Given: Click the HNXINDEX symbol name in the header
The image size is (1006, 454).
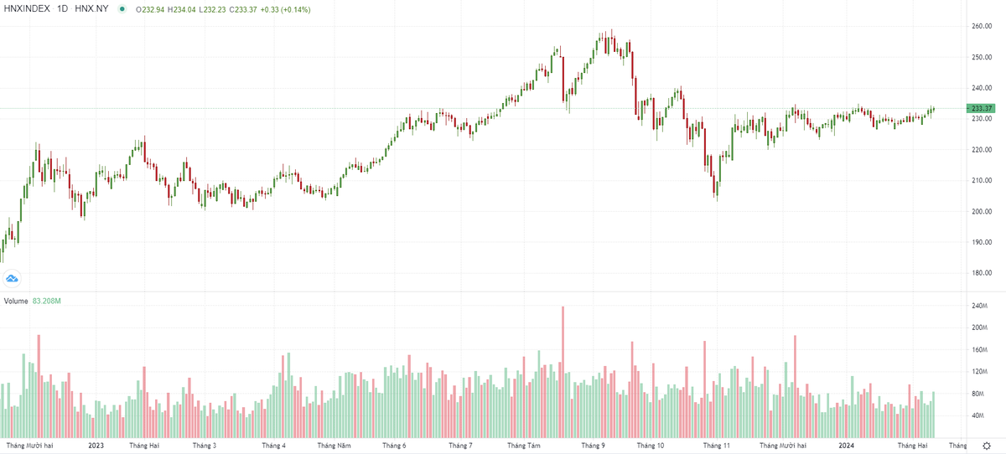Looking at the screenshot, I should point(28,8).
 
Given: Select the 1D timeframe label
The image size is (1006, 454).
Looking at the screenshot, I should point(62,8).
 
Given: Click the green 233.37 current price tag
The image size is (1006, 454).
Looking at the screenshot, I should point(981,109).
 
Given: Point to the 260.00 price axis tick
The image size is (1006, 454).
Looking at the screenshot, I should point(982,27).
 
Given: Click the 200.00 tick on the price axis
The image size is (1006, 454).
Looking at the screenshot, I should point(982,211).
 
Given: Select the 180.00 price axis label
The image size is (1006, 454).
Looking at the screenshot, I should point(982,273).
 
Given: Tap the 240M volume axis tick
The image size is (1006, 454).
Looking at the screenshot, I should point(980,305).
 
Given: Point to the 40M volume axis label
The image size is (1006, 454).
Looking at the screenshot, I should point(978,415).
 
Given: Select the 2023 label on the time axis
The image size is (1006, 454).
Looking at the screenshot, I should point(97,446).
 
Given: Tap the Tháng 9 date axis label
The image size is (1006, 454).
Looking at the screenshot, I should point(593,446).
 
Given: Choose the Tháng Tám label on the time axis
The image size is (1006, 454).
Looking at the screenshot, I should point(524,446).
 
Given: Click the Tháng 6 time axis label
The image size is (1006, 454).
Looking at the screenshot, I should point(394,446).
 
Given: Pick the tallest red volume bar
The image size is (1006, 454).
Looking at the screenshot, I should point(563,369).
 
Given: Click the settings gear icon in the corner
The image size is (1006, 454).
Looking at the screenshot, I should point(987,446).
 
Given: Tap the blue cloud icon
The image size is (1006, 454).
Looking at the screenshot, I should point(13,278).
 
